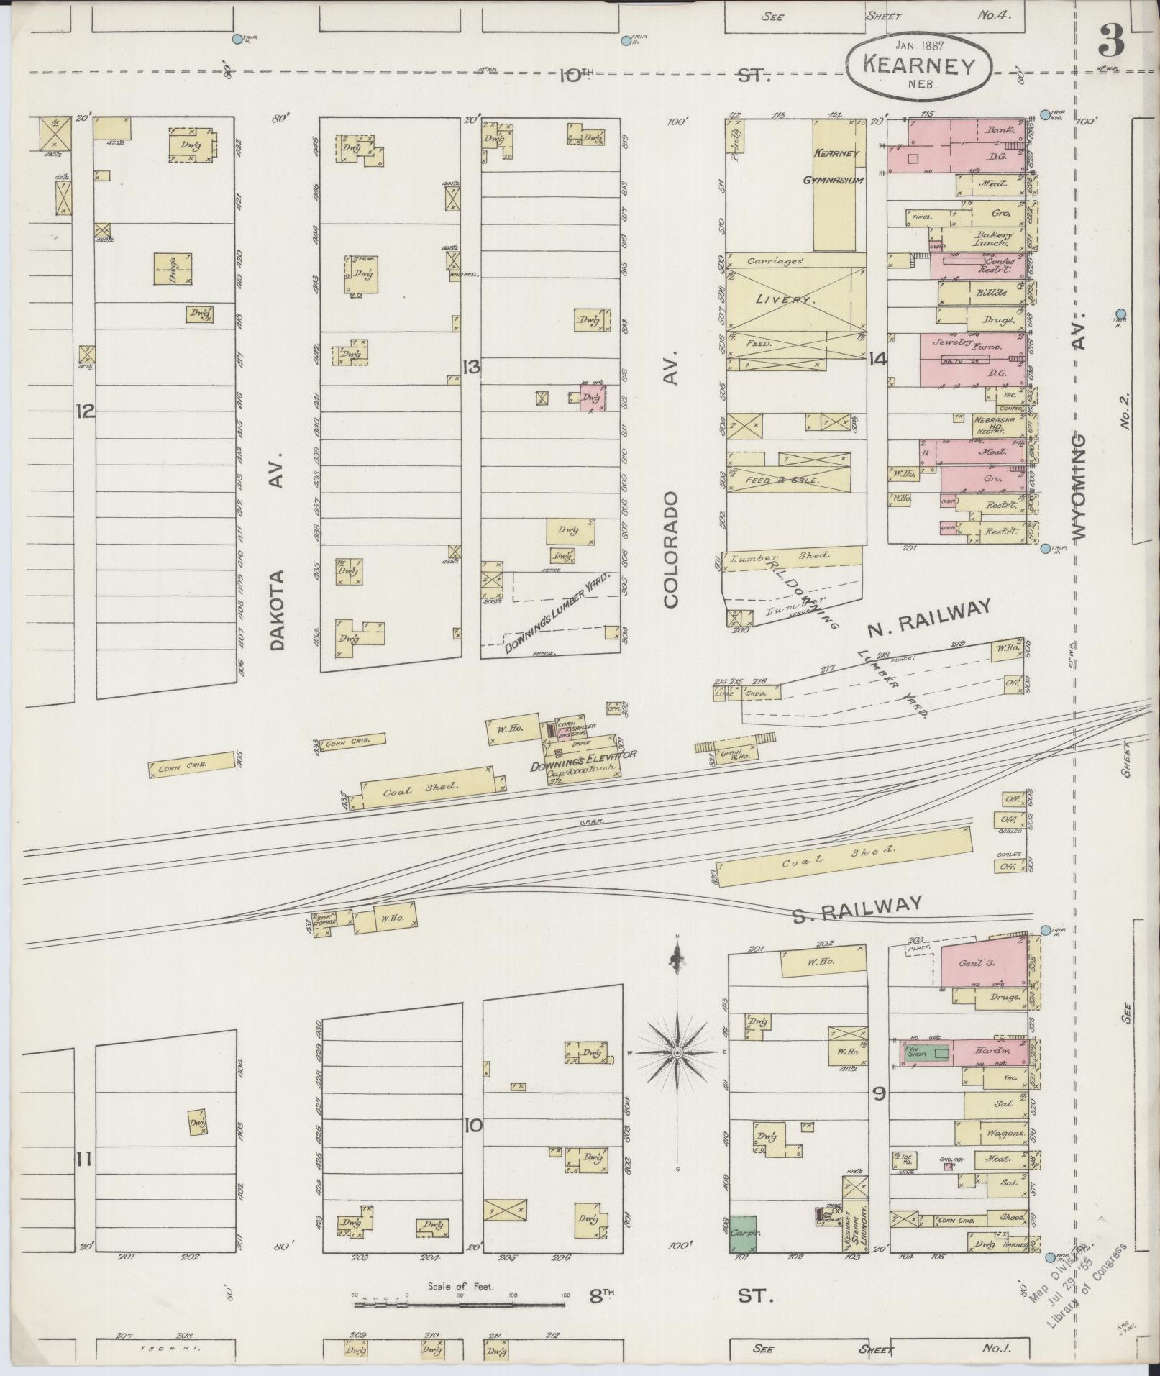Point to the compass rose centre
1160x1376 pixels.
(677, 1053)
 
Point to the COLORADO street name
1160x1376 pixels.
(672, 550)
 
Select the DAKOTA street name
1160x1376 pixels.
(279, 610)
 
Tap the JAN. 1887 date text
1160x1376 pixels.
(918, 45)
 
